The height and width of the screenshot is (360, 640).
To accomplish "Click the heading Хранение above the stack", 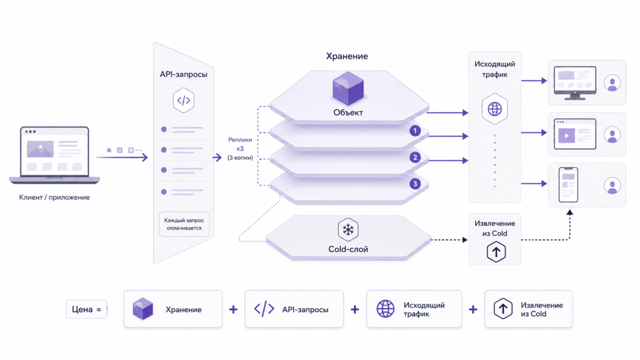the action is click(347, 56).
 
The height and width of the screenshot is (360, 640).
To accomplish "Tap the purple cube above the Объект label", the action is click(348, 89).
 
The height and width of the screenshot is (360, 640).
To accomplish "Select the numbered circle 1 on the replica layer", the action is click(415, 131).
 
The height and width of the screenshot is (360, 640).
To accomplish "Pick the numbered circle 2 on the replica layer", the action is click(415, 157).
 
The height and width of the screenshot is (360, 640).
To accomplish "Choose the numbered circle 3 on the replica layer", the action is click(415, 183).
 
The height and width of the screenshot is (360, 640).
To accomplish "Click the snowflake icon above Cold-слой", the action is click(348, 229).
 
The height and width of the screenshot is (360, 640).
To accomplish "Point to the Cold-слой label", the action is click(348, 249).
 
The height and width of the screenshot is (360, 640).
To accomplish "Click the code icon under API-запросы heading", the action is click(183, 100).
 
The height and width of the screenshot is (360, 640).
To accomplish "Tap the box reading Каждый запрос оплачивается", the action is click(184, 224).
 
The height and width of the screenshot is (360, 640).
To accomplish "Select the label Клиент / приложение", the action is click(54, 197).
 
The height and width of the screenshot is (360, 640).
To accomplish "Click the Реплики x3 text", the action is click(240, 144).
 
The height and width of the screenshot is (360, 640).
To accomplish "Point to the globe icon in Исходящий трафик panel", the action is click(494, 109).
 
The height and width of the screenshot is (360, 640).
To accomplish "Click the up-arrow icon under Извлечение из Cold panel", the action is click(496, 252).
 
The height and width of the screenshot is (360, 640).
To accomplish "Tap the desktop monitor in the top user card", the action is click(575, 83).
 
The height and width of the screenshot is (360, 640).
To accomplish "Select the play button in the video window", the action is click(566, 135).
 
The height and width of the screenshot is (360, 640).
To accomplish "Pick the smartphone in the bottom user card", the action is click(569, 185).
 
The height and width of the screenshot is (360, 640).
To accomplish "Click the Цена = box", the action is click(86, 309).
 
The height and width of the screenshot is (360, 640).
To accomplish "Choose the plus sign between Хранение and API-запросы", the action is click(234, 309).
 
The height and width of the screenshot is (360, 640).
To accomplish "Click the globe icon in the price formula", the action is click(386, 309).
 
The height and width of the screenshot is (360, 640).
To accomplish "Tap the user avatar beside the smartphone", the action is click(612, 186).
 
